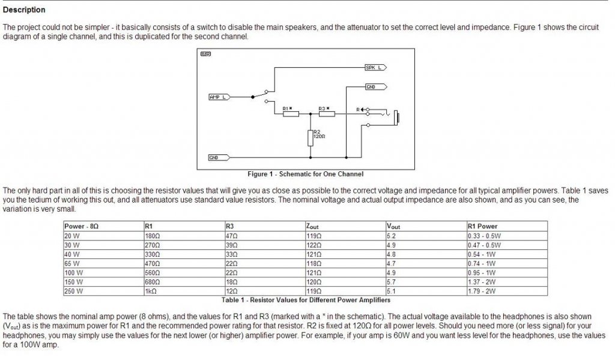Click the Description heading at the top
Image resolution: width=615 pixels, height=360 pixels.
[x=23, y=10]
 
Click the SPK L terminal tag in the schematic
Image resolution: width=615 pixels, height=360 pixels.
[x=374, y=68]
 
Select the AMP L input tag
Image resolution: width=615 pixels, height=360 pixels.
[x=218, y=97]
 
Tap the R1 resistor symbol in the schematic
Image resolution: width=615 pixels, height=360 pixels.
[x=291, y=114]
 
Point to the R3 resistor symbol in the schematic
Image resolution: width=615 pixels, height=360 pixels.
[x=326, y=114]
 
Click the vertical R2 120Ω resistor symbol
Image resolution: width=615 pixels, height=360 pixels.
[x=310, y=138]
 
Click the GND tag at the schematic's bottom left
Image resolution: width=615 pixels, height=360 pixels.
[x=213, y=157]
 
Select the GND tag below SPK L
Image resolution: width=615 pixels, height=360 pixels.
[x=372, y=87]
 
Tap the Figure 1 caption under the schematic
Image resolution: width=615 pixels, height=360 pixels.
[x=306, y=174]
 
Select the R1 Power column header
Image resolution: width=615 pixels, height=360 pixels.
[x=483, y=227]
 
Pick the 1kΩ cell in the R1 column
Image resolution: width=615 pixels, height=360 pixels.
[x=150, y=291]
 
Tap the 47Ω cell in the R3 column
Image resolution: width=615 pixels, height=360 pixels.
[x=232, y=237]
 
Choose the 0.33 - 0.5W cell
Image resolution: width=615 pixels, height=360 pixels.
[x=484, y=237]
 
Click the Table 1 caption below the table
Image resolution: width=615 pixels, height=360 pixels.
[x=306, y=299]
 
